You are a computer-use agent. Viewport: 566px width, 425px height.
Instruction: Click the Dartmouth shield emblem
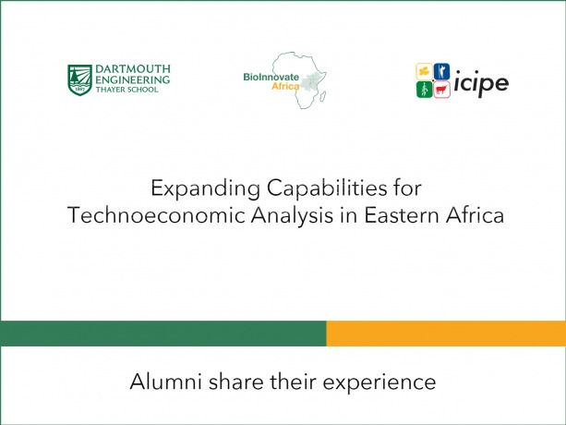point(79,80)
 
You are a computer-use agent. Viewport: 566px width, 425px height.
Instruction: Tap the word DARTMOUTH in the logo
point(133,69)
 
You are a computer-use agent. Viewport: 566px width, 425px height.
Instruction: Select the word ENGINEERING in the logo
point(132,79)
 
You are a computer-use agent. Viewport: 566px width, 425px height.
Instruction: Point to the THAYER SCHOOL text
point(127,90)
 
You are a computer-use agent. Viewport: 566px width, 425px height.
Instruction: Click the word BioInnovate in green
point(271,77)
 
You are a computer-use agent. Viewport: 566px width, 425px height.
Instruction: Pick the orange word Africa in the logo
point(285,86)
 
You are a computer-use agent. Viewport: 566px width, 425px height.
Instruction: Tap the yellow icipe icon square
point(424,71)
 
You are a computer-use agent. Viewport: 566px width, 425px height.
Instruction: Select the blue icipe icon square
point(441,71)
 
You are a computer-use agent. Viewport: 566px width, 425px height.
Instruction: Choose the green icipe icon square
point(424,90)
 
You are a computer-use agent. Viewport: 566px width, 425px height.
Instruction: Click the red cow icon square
point(441,90)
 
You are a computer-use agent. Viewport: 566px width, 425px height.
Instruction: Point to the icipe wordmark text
point(481,83)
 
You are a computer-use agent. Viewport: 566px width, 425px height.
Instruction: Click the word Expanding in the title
point(205,188)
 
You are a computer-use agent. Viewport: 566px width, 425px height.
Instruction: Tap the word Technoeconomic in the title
point(156,215)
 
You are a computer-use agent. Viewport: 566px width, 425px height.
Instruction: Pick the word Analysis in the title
point(293,216)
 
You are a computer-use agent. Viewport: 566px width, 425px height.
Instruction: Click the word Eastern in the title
point(402,215)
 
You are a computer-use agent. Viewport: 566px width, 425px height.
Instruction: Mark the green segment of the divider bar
point(163,334)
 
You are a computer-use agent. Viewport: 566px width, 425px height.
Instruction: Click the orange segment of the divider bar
point(446,334)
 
